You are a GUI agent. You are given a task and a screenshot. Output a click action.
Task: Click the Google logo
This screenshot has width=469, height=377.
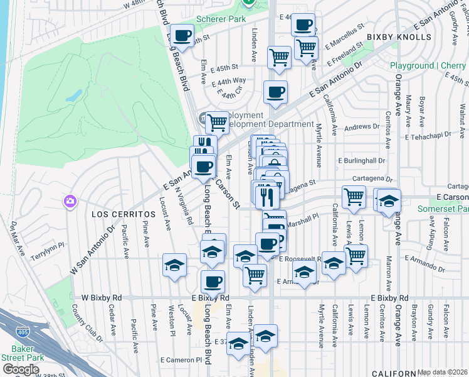(x=21, y=369)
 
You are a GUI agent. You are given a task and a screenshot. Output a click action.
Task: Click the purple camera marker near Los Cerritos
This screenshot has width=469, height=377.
(x=70, y=202)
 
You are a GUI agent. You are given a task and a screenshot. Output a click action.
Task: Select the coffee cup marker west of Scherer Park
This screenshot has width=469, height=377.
(x=182, y=36)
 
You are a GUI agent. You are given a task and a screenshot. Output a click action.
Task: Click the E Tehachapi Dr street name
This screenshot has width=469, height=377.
(x=433, y=136)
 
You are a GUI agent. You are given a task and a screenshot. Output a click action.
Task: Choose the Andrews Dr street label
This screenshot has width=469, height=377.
(x=358, y=127)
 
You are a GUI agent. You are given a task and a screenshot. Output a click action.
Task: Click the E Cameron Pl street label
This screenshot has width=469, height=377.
(x=181, y=360)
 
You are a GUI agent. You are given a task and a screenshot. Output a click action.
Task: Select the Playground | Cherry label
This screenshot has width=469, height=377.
(x=428, y=65)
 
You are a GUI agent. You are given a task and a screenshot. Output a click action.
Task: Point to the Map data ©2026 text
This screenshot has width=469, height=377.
(x=442, y=372)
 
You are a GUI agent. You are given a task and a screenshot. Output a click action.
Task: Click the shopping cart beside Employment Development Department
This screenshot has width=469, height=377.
(x=218, y=122)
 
